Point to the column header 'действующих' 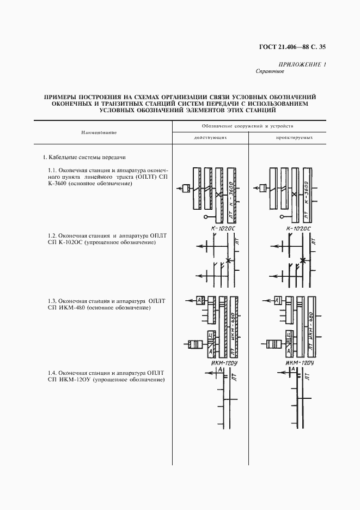click(x=210, y=138)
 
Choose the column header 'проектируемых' click(x=294, y=138)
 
